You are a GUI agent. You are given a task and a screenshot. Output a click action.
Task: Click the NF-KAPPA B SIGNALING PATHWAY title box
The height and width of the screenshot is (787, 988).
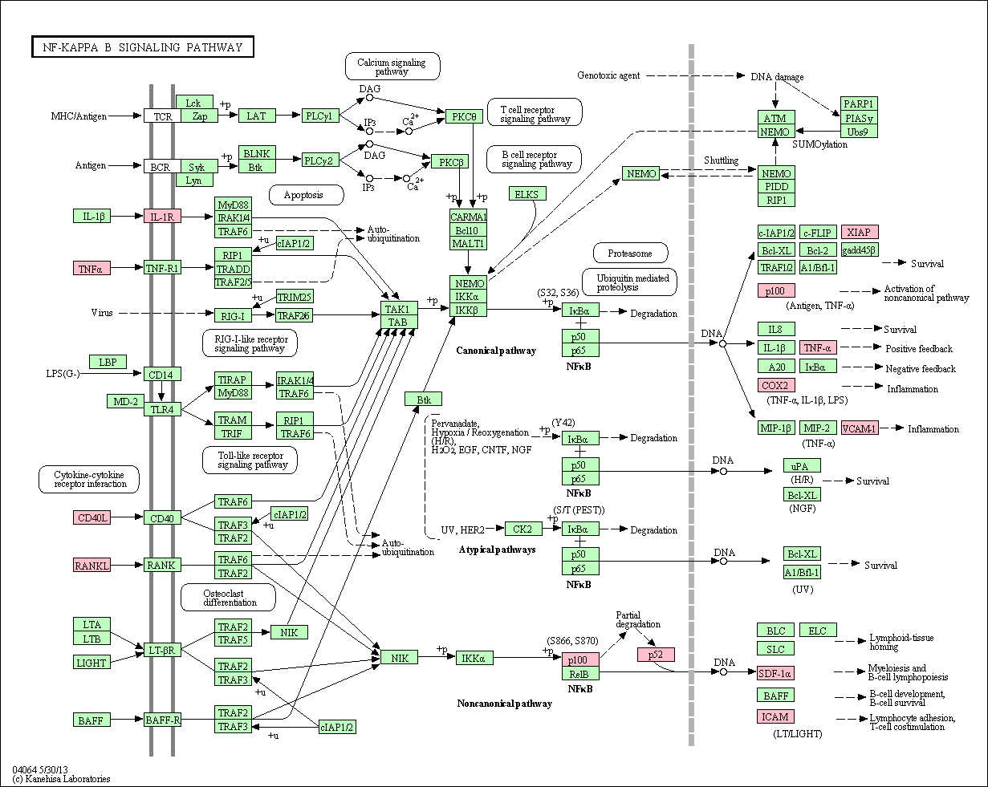point(142,47)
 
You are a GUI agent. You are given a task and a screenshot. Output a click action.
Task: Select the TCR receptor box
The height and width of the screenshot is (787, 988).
point(163,116)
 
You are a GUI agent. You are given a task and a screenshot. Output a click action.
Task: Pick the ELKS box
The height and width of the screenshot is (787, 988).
point(527,193)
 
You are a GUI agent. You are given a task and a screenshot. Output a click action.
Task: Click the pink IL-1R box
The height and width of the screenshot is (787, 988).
point(163,216)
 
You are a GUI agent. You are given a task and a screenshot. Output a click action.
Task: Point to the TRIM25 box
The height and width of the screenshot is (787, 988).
point(295,297)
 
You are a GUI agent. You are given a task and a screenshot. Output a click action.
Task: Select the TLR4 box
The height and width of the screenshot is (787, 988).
point(162,409)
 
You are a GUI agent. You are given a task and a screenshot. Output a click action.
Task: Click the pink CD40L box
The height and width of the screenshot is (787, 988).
point(92,518)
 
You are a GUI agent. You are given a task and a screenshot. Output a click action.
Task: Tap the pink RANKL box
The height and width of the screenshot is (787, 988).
point(92,566)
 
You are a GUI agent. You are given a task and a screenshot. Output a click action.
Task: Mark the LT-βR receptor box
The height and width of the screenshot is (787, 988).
point(162,648)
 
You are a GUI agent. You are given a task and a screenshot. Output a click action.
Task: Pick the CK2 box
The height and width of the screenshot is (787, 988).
point(522,529)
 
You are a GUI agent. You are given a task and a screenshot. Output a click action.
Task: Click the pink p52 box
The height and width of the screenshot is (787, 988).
point(656,655)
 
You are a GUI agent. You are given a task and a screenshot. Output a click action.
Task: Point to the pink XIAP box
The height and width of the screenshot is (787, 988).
point(860,233)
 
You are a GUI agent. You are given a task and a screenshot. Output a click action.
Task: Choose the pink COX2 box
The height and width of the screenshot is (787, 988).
point(776,386)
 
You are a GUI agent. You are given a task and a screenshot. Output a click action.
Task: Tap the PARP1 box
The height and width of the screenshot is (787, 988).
point(859,103)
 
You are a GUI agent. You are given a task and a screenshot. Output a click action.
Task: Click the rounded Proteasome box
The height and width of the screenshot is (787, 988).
point(630,254)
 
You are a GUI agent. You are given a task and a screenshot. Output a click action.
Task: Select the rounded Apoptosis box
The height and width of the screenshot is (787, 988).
point(303,194)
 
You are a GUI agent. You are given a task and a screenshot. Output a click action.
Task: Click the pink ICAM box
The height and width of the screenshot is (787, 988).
point(776,716)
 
